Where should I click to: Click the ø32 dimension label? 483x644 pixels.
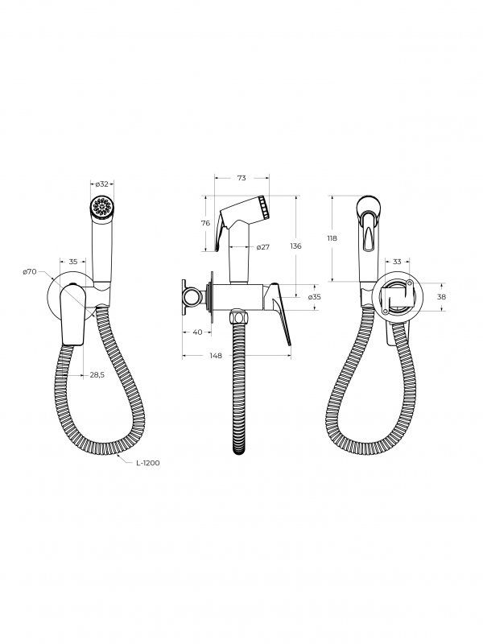(102, 184)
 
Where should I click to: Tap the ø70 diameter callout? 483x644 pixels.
(30, 272)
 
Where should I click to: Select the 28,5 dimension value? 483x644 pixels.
(97, 374)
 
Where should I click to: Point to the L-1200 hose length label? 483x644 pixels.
(148, 463)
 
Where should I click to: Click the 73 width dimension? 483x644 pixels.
(242, 178)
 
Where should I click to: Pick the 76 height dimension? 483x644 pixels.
(205, 223)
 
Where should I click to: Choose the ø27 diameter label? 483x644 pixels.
(263, 247)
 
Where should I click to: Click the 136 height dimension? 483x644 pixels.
(295, 246)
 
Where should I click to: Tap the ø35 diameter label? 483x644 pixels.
(314, 296)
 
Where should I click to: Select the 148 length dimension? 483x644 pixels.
(216, 356)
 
